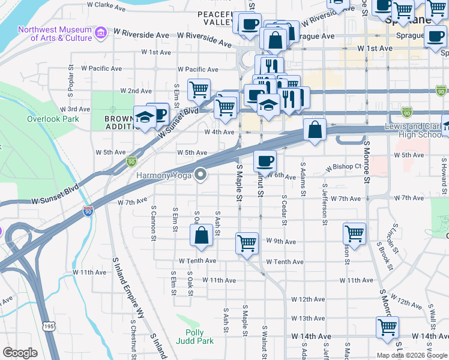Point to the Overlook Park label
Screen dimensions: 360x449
tap(53, 119)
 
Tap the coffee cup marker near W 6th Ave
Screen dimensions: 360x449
tap(265, 161)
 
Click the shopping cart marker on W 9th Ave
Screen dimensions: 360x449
tap(247, 244)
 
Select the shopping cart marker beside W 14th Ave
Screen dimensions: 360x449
tap(387, 328)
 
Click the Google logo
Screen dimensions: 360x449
tap(20, 353)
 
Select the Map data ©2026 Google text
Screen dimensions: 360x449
tap(411, 355)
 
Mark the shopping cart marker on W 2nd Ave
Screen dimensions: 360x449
tap(199, 90)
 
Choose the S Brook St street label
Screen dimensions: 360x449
tap(385, 255)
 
